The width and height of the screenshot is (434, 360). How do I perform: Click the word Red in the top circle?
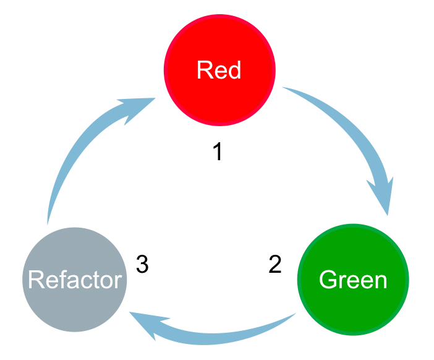[x=218, y=70]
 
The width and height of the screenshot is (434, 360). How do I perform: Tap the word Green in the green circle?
[x=353, y=280]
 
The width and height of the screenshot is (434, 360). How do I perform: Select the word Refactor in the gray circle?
[x=75, y=280]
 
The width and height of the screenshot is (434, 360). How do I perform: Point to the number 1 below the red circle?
[x=217, y=152]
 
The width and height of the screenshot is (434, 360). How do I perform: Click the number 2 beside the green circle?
[x=275, y=265]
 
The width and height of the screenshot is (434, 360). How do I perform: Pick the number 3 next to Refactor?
[x=142, y=265]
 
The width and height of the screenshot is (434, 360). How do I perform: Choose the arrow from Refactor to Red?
[x=80, y=148]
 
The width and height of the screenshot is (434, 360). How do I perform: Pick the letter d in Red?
[x=233, y=70]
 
